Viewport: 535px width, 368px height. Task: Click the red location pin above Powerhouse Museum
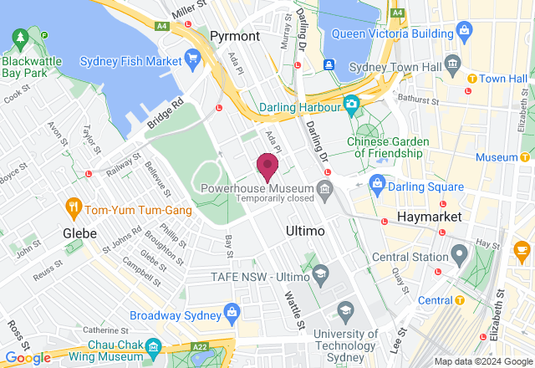pos(267,166)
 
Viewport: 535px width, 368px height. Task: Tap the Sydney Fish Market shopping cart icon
pos(194,59)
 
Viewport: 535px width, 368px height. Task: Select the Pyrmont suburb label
pos(235,36)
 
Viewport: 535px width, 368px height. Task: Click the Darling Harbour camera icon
pos(352,105)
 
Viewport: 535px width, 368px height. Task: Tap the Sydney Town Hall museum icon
pos(452,64)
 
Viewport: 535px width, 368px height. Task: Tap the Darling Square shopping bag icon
pos(377,183)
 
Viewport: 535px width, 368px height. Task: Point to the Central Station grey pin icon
pos(458,253)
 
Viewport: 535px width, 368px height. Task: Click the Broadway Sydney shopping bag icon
pos(232,313)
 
